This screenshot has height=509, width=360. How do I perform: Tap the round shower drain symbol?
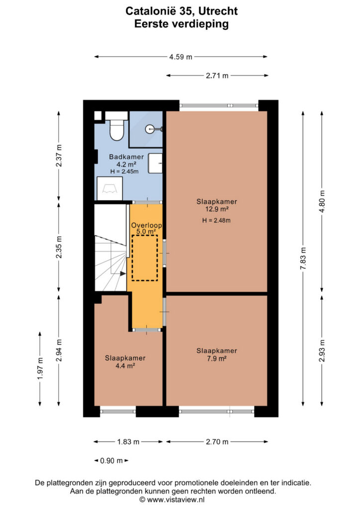151,129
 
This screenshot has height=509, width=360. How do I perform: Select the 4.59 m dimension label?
181,57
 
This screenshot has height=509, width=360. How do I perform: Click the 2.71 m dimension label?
217,76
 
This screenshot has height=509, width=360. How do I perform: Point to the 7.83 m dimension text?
303,258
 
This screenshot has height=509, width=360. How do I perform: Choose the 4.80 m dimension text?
322,202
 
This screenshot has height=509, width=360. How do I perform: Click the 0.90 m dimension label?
111,461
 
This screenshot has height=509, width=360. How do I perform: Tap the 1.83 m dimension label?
128,442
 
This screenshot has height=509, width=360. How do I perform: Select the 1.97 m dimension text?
40,368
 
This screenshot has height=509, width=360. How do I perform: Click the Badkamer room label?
126,157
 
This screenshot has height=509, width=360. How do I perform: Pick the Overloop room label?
146,225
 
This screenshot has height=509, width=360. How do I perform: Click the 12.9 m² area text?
216,209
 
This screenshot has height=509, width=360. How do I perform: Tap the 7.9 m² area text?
216,359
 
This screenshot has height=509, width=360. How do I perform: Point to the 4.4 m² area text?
125,366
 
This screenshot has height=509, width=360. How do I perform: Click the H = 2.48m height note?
216,220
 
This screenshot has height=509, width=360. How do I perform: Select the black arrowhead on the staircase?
123,274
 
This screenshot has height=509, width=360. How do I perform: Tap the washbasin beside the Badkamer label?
155,163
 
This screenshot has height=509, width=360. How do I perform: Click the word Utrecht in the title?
217,11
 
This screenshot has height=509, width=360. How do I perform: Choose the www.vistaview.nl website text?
176,500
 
